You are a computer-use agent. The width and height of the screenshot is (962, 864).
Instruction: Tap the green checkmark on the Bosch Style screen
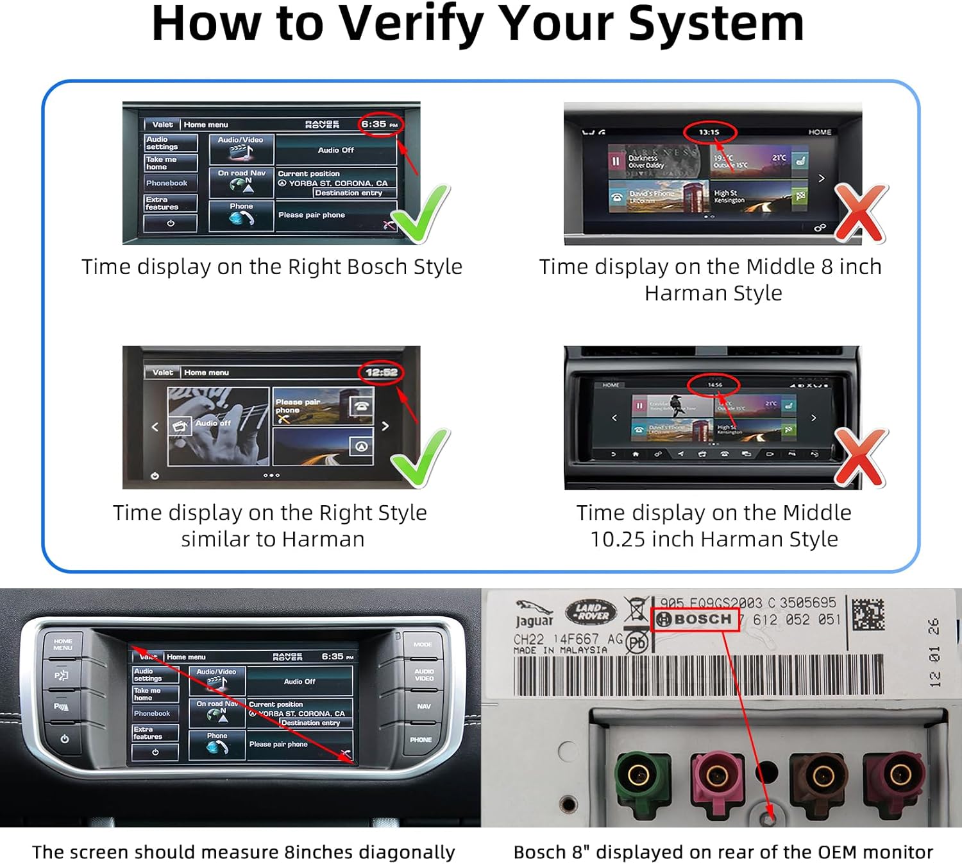(x=420, y=214)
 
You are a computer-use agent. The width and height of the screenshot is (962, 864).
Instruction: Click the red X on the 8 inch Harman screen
(x=861, y=213)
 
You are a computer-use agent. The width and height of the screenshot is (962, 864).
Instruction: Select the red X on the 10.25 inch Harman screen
(x=861, y=457)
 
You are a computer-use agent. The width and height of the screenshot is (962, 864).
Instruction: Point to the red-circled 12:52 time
(x=381, y=373)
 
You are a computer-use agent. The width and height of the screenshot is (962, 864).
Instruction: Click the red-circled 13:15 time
(x=709, y=132)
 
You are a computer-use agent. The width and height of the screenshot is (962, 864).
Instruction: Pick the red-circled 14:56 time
(x=714, y=385)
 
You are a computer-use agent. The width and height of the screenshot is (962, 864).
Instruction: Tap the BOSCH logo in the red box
(x=695, y=619)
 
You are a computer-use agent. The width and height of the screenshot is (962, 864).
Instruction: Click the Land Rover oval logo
(x=591, y=612)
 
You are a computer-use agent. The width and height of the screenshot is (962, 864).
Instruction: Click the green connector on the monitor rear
(x=640, y=777)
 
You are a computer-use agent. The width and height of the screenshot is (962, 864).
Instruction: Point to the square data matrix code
(x=868, y=614)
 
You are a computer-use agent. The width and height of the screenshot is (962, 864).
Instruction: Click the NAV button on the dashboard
(x=424, y=706)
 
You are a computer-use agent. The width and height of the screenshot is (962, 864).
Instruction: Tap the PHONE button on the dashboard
(x=421, y=739)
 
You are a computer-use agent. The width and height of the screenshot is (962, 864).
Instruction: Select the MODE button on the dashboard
(x=423, y=644)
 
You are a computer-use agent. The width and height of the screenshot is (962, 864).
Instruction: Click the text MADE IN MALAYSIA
(x=560, y=650)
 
